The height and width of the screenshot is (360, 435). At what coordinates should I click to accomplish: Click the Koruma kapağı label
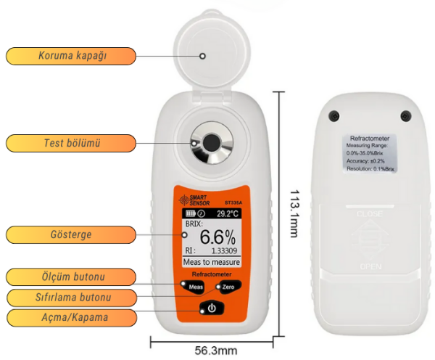point(71,56)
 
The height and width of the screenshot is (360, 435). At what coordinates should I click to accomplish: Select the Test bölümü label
point(71,143)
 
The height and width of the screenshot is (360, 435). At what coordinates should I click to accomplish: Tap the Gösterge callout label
point(71,234)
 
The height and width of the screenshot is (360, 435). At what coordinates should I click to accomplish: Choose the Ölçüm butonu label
point(71,277)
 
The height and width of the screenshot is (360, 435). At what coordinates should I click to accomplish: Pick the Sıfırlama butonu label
point(71,298)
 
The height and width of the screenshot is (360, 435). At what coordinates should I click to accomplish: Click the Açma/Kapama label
point(71,318)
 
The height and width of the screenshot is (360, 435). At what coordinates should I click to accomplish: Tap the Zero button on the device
point(227,288)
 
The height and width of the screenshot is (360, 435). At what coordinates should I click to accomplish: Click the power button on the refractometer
point(211,308)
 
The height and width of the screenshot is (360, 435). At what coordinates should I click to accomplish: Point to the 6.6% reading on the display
point(217,237)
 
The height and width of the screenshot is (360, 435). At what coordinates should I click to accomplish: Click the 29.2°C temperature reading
point(228,214)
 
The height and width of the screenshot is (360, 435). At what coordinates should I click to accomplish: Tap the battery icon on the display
point(190,214)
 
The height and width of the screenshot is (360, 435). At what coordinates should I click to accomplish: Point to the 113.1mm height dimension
point(294,213)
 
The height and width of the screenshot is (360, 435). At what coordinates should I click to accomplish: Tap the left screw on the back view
point(334,115)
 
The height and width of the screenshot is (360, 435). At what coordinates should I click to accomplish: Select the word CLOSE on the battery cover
point(370,214)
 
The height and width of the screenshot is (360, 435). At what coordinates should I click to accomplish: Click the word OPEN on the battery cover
point(370,267)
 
